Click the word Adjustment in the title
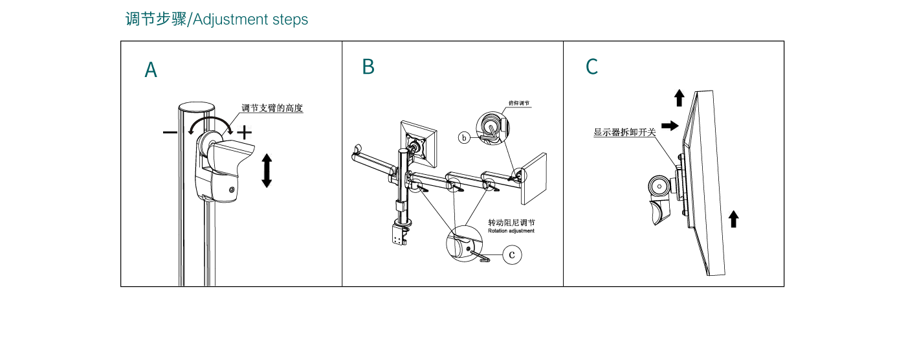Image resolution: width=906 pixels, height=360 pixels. pos(231,19)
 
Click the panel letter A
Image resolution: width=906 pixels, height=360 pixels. pos(151,70)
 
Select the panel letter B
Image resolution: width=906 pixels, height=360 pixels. pos(368,67)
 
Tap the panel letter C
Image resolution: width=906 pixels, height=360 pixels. pos(591,67)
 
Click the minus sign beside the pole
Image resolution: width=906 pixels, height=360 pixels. pos(170,133)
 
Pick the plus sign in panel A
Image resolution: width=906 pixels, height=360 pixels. pos(244,133)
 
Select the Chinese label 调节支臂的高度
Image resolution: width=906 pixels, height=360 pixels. pos(272,108)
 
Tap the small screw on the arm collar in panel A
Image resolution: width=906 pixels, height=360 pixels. pos(232,190)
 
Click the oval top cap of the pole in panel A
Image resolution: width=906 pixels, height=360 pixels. pos(197,106)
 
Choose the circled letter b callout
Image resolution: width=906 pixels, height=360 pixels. pos(464,137)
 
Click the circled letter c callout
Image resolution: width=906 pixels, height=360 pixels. pos(512,254)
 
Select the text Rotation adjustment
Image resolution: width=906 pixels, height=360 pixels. pos(511,231)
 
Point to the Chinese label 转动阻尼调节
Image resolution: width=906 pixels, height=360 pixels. pos(511,223)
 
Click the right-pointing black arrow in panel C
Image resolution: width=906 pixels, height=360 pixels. pos(670,126)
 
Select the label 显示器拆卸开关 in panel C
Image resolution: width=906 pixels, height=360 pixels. pos(624,132)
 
